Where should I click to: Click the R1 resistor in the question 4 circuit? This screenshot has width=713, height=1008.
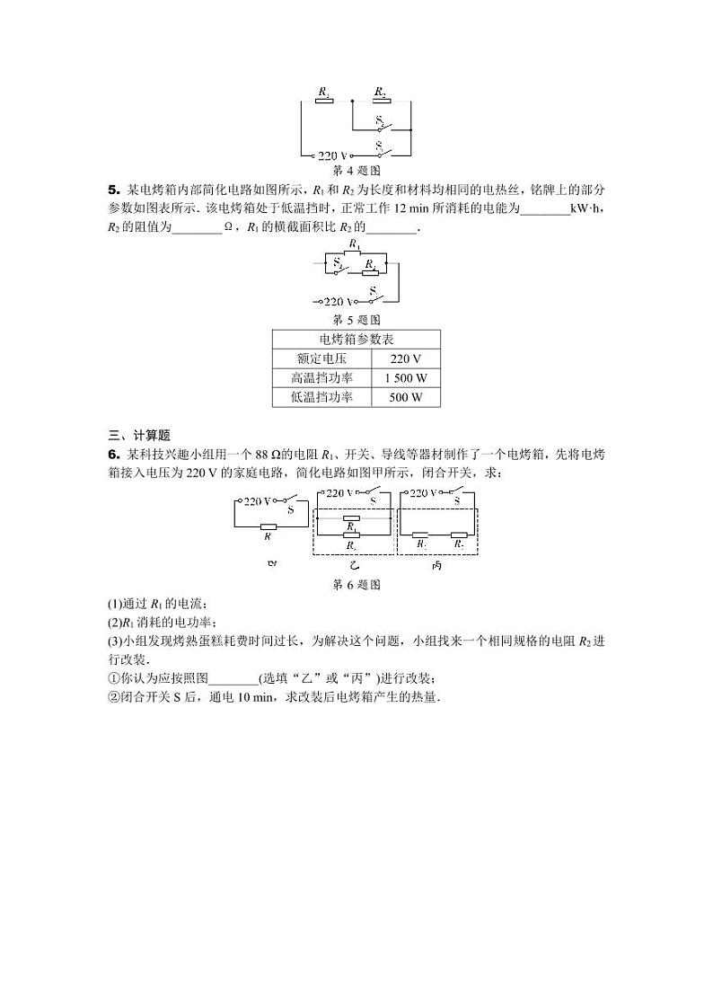pos(324,101)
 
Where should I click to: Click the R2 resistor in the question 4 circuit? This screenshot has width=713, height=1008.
pos(380,101)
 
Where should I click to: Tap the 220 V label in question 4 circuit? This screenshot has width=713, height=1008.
pos(332,155)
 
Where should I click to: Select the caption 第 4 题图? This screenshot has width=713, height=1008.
pos(357,170)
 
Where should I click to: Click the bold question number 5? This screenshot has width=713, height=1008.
pos(113,190)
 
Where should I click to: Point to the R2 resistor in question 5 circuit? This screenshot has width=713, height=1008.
pos(370,264)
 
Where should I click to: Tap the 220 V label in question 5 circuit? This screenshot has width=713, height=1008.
pos(339,302)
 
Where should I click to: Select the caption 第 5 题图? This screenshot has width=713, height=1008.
pos(357,319)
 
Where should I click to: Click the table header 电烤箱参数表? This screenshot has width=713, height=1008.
pos(356,340)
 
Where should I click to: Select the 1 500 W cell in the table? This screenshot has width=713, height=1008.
pos(405,378)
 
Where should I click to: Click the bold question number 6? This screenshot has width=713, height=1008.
pos(113,455)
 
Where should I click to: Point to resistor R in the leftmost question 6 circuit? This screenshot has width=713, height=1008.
pos(268,527)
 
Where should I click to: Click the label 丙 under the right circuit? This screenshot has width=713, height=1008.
pos(436,565)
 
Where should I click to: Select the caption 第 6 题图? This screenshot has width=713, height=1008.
pos(357,584)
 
